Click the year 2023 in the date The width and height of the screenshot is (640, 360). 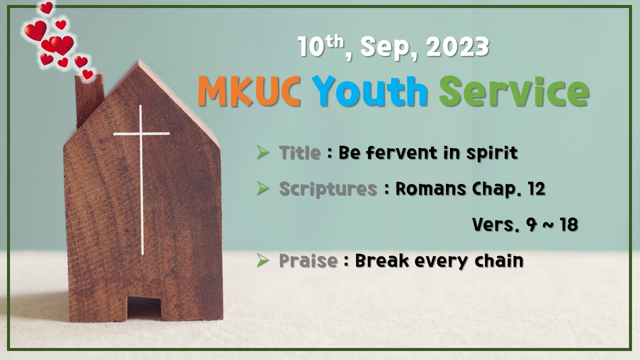point(457,47)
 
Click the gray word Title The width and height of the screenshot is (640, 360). point(299,152)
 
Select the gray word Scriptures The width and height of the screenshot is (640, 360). point(327,189)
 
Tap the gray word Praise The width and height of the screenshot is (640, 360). point(307,260)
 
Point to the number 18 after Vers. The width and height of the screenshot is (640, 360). point(568,225)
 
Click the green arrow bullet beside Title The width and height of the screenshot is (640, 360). point(262,152)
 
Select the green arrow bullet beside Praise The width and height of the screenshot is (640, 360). point(262,260)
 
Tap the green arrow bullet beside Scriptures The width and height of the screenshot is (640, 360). point(262,188)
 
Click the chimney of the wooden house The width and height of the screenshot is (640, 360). point(89,100)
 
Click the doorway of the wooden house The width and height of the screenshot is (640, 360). point(144,307)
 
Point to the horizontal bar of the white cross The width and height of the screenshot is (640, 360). point(141,133)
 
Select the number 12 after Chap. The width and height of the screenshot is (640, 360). point(537,189)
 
